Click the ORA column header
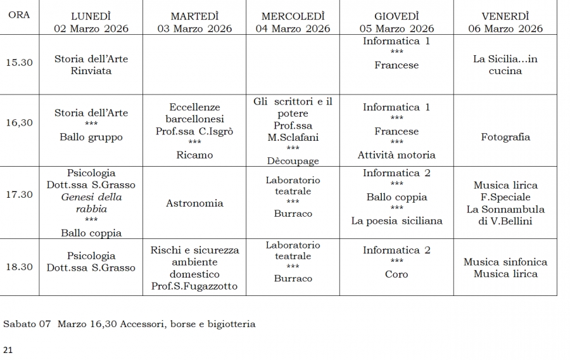pos(19,15)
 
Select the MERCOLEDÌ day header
pos(293,16)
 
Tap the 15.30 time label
pos(19,62)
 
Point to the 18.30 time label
pos(19,267)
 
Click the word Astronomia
pos(194,203)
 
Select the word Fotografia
pos(505,137)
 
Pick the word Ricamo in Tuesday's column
pos(194,155)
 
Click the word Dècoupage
pos(293,161)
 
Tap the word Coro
pos(396,274)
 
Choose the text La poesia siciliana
pos(396,221)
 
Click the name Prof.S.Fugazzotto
pos(194,286)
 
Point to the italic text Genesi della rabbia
pos(91,203)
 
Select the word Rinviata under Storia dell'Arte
pos(91,71)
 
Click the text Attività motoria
pos(396,155)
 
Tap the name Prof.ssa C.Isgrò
pos(194,131)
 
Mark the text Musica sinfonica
pos(505,262)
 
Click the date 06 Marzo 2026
pos(505,29)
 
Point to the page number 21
pos(8,349)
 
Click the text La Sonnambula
pos(505,209)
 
